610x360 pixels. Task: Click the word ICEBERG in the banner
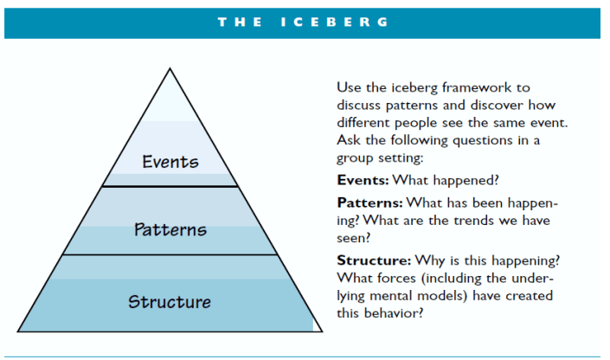pyautogui.click(x=335, y=22)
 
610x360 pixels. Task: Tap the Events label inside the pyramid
pyautogui.click(x=170, y=161)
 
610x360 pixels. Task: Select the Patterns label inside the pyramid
pyautogui.click(x=170, y=229)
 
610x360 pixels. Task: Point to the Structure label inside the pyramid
pyautogui.click(x=170, y=302)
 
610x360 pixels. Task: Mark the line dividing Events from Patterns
pyautogui.click(x=170, y=186)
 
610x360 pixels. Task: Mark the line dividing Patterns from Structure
pyautogui.click(x=170, y=254)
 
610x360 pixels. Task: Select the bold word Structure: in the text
pyautogui.click(x=373, y=260)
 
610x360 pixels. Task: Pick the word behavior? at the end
pyautogui.click(x=393, y=312)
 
